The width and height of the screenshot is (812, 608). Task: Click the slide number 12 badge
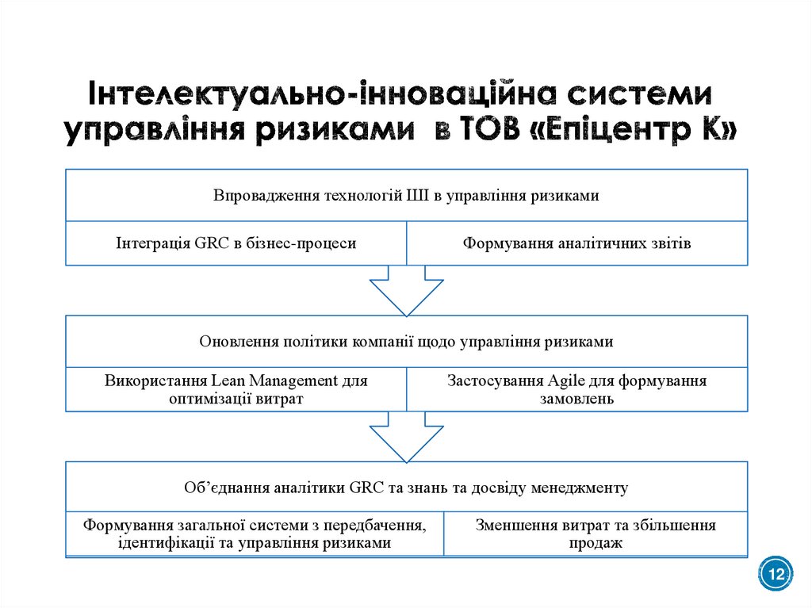coord(776,573)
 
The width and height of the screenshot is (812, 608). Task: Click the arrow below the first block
coord(406,289)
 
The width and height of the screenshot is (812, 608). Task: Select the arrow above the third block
coord(406,437)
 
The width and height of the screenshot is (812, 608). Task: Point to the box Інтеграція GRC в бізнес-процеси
coord(236,243)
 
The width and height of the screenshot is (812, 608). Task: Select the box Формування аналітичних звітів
coord(576,243)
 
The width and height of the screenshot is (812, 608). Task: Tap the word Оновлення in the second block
coord(233,342)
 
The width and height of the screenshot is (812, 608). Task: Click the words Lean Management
coord(278,380)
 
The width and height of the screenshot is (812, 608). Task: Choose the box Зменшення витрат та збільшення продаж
coord(596,534)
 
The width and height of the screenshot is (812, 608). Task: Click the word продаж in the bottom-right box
coord(596,543)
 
